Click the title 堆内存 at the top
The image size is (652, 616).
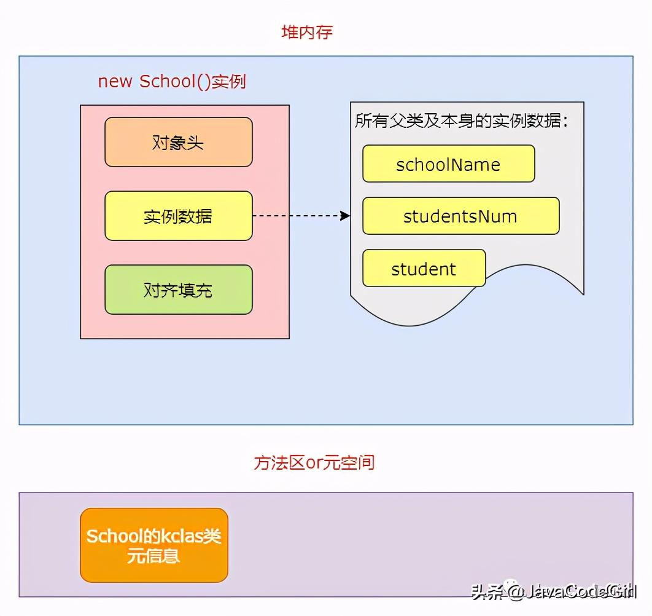[307, 33]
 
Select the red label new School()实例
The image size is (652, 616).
[172, 82]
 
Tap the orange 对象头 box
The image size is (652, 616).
[178, 142]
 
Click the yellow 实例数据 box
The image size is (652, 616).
[178, 216]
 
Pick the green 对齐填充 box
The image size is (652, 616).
[178, 290]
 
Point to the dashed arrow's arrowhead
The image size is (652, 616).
[346, 216]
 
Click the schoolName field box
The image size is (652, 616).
[448, 164]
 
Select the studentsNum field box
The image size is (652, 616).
[460, 216]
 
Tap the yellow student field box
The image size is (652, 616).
[424, 269]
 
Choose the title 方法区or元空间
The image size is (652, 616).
[314, 462]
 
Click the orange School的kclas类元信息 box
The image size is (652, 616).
[153, 545]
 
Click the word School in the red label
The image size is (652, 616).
[167, 82]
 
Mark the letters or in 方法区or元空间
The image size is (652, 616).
[314, 463]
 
